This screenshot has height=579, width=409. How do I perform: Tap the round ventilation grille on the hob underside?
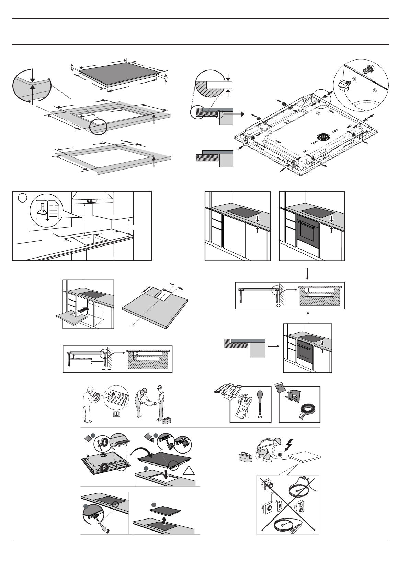point(322,136)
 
